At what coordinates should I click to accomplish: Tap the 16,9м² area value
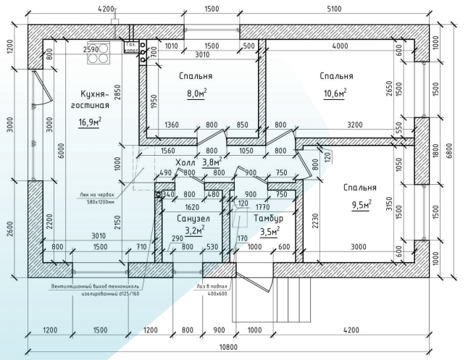(89, 121)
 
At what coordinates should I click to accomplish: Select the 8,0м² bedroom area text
(197, 93)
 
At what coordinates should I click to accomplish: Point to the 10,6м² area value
(335, 93)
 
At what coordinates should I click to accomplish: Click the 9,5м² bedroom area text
(360, 205)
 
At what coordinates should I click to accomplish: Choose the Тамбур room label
(267, 218)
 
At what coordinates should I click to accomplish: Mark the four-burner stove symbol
(100, 55)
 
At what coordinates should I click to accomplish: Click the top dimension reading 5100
(335, 9)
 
